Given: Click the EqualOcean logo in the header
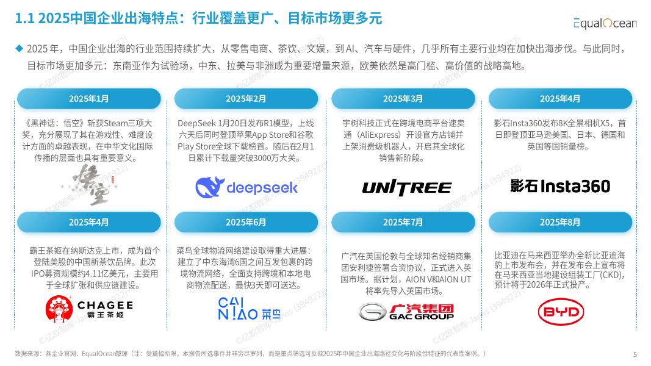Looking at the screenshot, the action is [604, 23].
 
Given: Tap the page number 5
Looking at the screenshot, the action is [635, 354].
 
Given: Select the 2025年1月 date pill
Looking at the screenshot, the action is [89, 99].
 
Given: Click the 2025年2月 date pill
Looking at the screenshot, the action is [246, 99].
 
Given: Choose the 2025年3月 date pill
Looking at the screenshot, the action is [403, 99].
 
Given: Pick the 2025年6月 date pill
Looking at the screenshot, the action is [246, 222].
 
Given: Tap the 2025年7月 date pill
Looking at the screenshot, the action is [403, 222].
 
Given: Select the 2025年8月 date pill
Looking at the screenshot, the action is [560, 222].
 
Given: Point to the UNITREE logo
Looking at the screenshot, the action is [407, 187].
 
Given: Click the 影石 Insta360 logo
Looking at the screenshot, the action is [560, 186].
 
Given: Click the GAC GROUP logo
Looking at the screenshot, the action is [406, 311].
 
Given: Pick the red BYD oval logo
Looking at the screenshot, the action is [561, 312].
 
